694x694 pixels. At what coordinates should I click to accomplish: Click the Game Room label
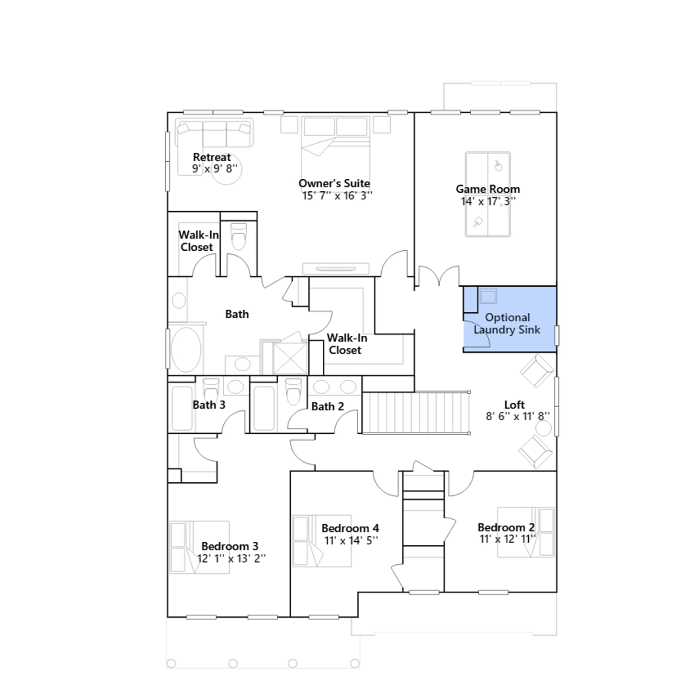488,189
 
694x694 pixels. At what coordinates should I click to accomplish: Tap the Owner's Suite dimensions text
337,196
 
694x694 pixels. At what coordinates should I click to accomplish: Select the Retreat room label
212,157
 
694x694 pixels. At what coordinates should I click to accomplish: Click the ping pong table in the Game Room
488,194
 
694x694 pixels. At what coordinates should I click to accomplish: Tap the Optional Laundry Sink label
507,324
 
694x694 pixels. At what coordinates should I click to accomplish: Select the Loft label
514,405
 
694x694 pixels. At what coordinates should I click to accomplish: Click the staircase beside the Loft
416,412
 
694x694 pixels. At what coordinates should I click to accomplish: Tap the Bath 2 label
327,406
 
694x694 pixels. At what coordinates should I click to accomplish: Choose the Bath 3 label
209,405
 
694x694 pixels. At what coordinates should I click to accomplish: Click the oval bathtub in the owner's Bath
186,350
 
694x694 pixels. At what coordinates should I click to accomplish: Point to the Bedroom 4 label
350,528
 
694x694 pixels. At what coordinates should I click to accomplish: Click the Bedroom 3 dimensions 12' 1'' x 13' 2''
231,558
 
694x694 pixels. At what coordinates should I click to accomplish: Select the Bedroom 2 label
506,527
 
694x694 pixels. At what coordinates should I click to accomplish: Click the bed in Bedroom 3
199,547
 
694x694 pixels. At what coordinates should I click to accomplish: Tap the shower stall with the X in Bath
290,358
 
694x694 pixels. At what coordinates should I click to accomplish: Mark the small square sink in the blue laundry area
488,297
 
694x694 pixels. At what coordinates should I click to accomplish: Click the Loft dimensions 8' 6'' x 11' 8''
517,416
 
